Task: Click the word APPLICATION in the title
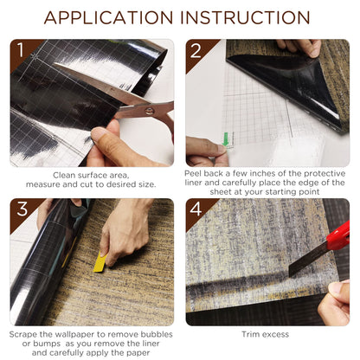pyautogui.click(x=108, y=18)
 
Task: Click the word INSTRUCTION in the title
pyautogui.click(x=245, y=18)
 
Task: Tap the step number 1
pyautogui.click(x=21, y=49)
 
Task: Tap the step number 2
pyautogui.click(x=196, y=50)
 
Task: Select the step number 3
pyautogui.click(x=22, y=209)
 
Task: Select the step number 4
pyautogui.click(x=196, y=209)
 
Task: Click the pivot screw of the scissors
pyautogui.click(x=150, y=111)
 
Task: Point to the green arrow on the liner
pyautogui.click(x=226, y=139)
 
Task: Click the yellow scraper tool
pyautogui.click(x=100, y=262)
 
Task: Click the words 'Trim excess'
pyautogui.click(x=266, y=334)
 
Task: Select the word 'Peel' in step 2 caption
pyautogui.click(x=193, y=173)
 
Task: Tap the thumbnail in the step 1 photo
pyautogui.click(x=98, y=133)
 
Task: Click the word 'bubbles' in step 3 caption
pyautogui.click(x=157, y=334)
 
